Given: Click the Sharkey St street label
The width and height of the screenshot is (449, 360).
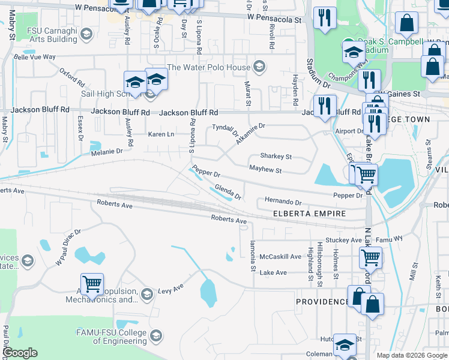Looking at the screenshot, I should [x=276, y=157].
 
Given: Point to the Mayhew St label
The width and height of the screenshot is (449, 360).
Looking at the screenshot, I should [x=265, y=170].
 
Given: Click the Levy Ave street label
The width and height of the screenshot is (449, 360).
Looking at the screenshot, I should [x=170, y=290].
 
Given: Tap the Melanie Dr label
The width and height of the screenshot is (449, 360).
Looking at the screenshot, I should [x=107, y=152].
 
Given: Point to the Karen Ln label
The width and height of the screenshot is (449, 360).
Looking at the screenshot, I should [x=161, y=134].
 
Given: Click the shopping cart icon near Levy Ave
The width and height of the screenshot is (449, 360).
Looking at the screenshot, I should [x=92, y=283].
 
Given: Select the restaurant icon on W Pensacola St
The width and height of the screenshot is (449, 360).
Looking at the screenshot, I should [x=325, y=17].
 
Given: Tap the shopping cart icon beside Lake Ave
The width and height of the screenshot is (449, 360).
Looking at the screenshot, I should [x=370, y=258].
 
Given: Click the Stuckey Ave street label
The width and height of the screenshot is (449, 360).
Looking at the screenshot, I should [x=343, y=240].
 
